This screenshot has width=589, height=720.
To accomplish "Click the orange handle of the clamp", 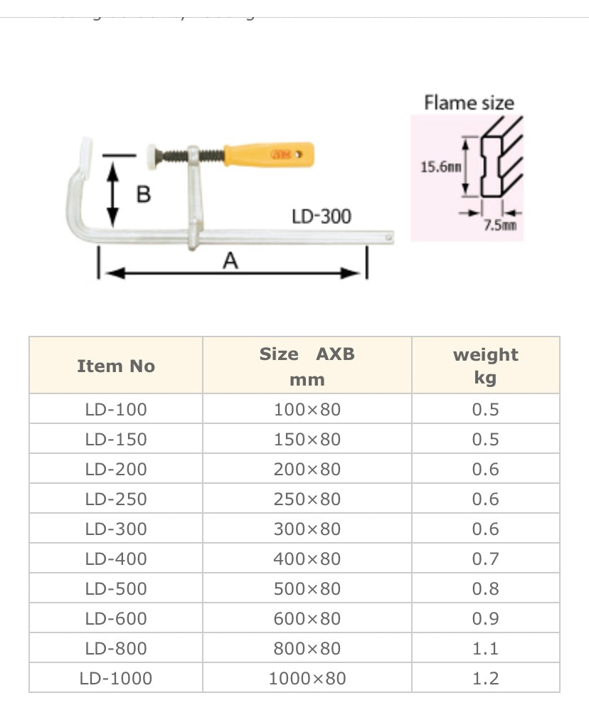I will point(268,154).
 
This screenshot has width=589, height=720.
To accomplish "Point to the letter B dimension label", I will point(143,194).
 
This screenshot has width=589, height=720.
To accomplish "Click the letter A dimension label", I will point(230,262).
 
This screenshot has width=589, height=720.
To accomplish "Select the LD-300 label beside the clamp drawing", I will point(322,216).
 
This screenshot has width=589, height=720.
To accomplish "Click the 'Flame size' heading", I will point(469,102).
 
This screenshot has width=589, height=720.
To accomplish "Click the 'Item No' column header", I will point(116,366).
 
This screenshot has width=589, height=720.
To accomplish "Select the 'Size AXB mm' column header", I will point(307,366).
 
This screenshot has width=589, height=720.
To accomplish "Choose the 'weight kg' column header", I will point(486,366).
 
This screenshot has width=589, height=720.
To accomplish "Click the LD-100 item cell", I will point(116,409).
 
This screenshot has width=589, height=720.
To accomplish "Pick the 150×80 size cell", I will point(307,439).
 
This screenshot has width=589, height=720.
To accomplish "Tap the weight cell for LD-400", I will point(486,558).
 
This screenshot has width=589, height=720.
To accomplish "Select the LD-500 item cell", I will point(116,588).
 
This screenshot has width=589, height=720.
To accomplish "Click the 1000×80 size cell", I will point(307,678).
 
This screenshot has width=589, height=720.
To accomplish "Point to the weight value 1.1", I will point(486,648).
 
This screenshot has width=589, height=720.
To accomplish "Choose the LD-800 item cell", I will point(116,648).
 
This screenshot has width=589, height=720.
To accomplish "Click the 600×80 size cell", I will point(307,618).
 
